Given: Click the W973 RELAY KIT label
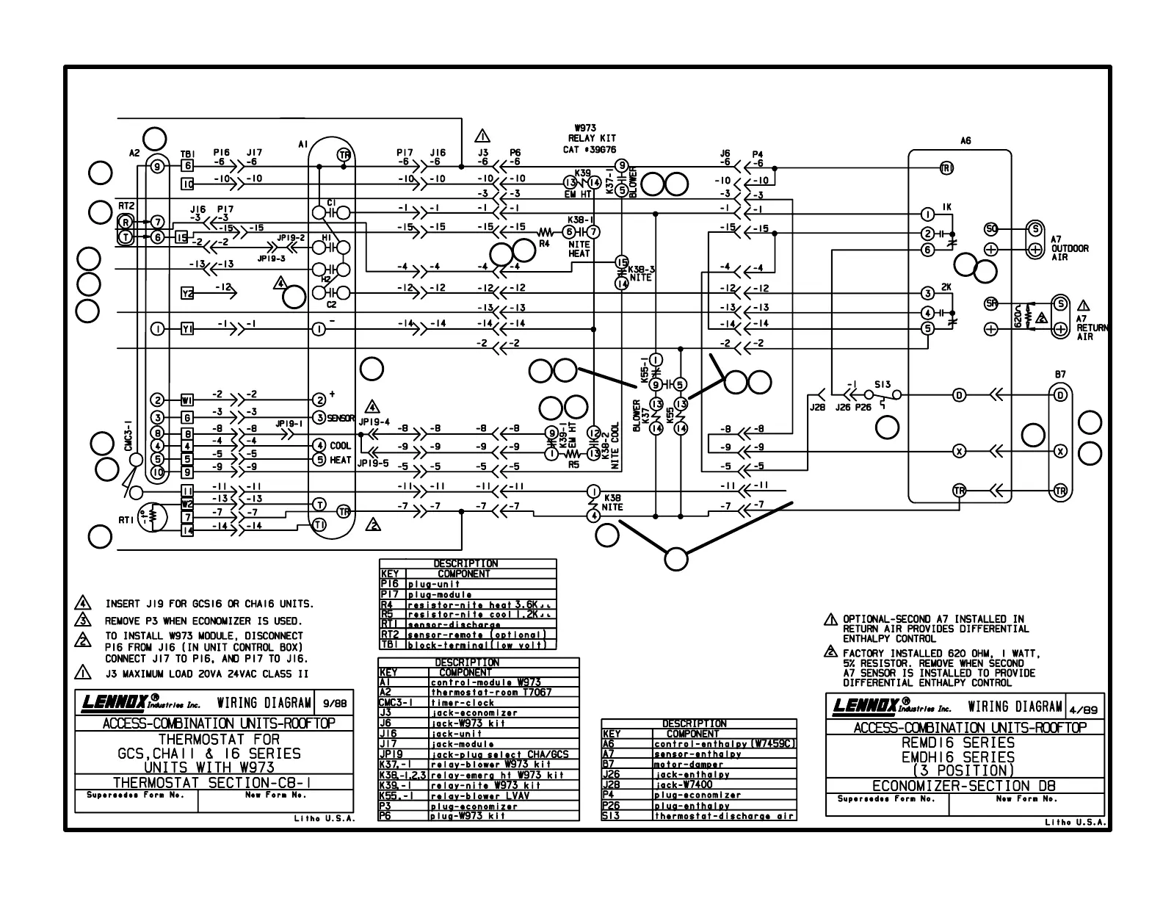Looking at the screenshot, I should [591, 137].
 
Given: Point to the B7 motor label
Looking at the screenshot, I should [1060, 375].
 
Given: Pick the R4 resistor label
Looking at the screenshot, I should [544, 243].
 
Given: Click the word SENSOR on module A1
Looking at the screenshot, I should [341, 418].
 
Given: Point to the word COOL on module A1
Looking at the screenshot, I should [340, 446].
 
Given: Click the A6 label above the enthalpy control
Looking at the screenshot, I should [965, 141].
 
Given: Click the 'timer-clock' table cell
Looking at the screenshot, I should [463, 703].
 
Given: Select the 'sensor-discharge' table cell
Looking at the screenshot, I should [454, 625].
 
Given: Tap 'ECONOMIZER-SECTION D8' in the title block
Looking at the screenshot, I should [965, 786].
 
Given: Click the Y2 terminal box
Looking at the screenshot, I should [187, 294].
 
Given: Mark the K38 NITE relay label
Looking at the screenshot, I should [612, 502].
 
